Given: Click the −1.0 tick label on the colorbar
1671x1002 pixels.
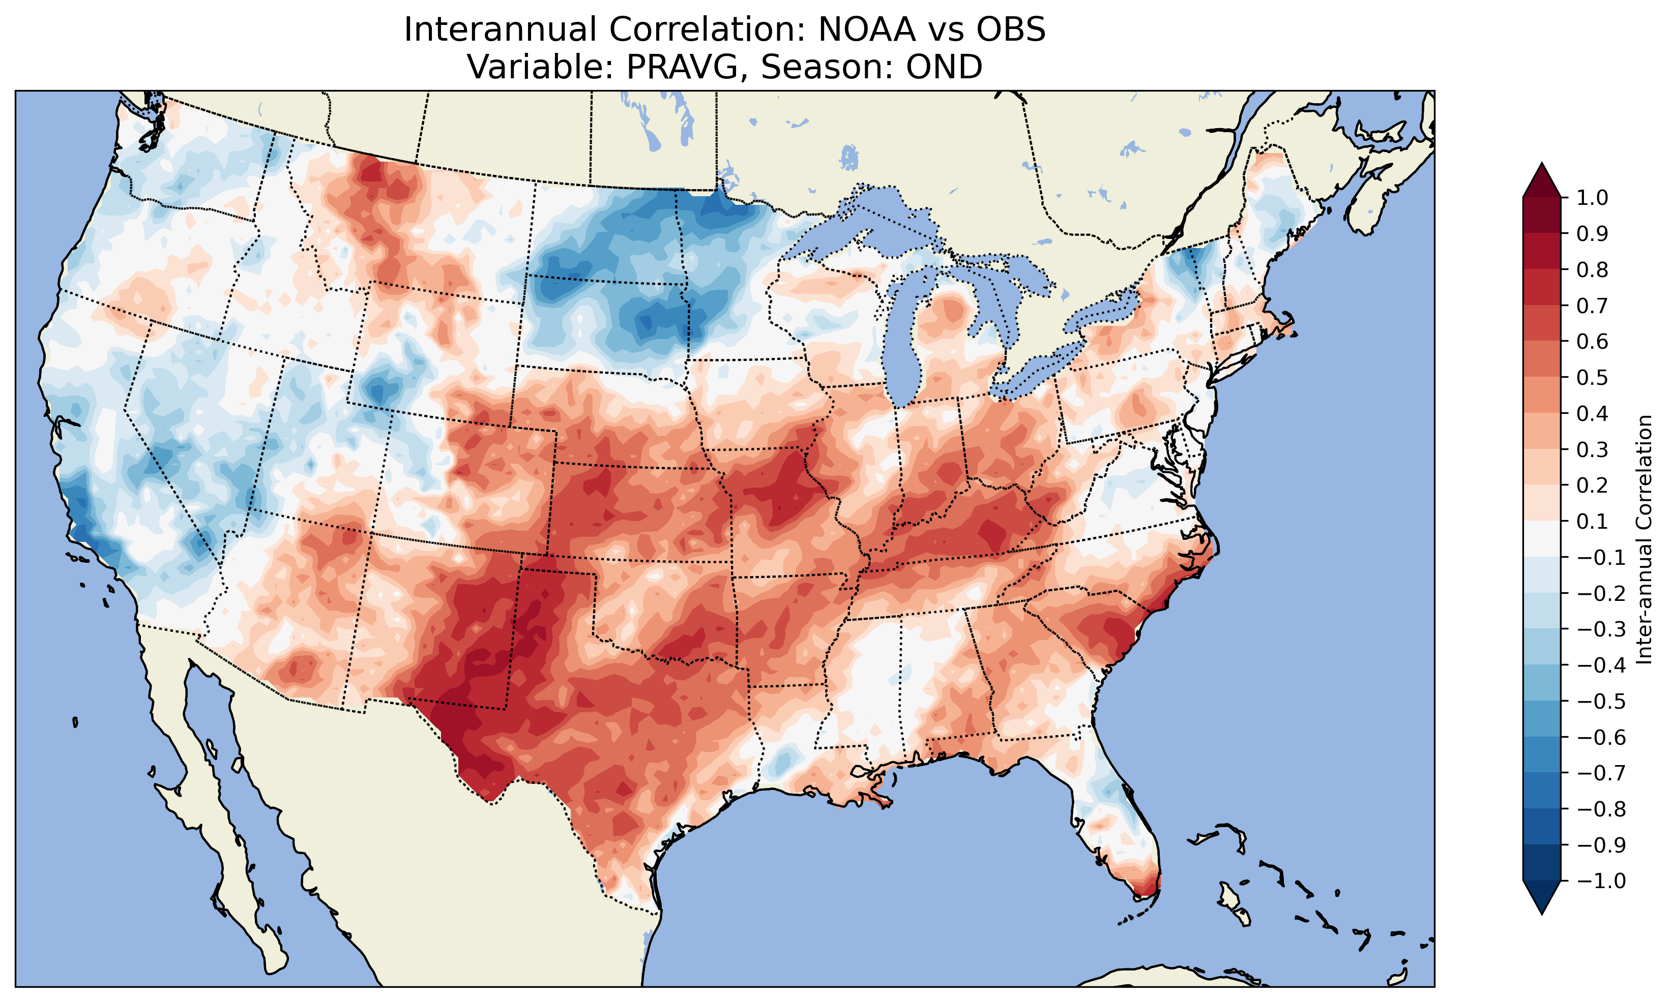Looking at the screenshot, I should pos(1601,881).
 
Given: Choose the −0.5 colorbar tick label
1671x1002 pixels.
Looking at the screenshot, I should pos(1601,702).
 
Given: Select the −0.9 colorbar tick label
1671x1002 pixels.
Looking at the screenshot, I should pos(1601,845).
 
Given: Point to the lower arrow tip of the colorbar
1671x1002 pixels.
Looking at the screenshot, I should pos(1542,913).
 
